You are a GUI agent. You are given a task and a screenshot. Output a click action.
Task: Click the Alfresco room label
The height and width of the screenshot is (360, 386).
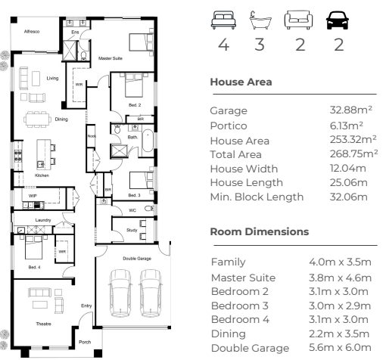pyautogui.click(x=32, y=32)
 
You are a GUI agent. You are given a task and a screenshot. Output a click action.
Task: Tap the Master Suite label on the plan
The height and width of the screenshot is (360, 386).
pyautogui.click(x=111, y=58)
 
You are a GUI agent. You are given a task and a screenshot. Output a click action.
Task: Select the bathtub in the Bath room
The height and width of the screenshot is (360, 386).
pyautogui.click(x=148, y=141)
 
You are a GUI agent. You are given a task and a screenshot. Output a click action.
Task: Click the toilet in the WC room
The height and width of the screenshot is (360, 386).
pyautogui.click(x=149, y=209)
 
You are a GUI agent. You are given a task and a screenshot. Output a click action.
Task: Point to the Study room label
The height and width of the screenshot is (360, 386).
pyautogui.click(x=132, y=230)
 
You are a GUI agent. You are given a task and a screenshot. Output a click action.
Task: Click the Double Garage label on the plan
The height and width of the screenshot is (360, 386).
pyautogui.click(x=137, y=259)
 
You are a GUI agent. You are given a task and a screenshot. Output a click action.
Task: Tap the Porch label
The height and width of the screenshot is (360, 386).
pyautogui.click(x=85, y=342)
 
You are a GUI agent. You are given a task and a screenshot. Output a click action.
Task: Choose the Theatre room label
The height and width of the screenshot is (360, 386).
pyautogui.click(x=44, y=324)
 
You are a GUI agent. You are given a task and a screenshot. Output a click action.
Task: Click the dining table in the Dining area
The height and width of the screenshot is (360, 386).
pyautogui.click(x=37, y=119)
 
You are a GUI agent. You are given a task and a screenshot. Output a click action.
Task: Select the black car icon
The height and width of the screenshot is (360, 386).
pyautogui.click(x=338, y=20)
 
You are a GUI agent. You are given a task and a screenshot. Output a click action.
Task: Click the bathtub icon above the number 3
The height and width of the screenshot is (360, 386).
pyautogui.click(x=260, y=20)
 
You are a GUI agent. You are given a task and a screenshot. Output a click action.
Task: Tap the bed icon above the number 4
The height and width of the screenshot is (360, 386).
pyautogui.click(x=223, y=20)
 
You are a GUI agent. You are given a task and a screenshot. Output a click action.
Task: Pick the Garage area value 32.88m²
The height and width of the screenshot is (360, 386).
pyautogui.click(x=351, y=110)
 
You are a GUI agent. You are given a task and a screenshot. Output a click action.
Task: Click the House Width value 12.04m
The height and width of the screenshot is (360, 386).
pyautogui.click(x=348, y=168)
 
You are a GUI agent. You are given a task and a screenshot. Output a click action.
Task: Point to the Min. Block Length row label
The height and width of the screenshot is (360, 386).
pyautogui.click(x=257, y=197)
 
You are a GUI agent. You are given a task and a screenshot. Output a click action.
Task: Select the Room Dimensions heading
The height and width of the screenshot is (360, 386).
pyautogui.click(x=260, y=231)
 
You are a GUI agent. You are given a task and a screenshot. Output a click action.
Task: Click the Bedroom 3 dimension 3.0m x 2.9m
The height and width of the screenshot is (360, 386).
pyautogui.click(x=340, y=306)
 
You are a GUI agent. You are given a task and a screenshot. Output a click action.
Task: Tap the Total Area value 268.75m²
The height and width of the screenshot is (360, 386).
pyautogui.click(x=353, y=154)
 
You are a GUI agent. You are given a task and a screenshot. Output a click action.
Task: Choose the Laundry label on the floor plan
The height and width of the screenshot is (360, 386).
pyautogui.click(x=43, y=220)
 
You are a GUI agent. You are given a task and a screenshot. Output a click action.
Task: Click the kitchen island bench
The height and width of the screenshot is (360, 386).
pyautogui.click(x=44, y=154)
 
